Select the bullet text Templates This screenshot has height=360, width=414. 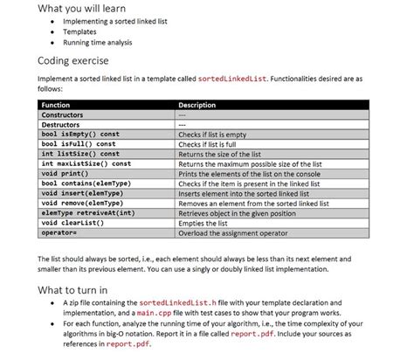click(x=79, y=31)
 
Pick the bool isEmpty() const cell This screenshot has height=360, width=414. click(x=80, y=135)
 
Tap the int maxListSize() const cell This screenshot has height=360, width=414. click(x=86, y=163)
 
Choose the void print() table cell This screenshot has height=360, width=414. click(x=66, y=173)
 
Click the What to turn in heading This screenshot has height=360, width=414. click(x=72, y=289)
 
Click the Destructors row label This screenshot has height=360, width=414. click(x=63, y=125)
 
